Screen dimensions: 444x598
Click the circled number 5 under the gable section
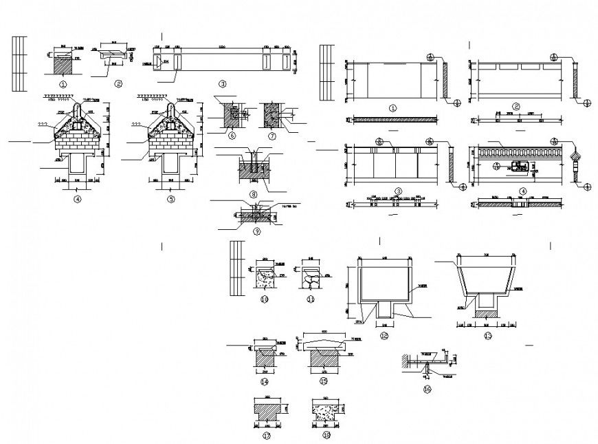coord(171,199)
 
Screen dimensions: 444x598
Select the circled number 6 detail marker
coord(232,136)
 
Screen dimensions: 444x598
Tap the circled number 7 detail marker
coord(272,136)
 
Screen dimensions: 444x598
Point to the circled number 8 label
coord(254,195)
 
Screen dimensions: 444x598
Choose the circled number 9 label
coord(256,231)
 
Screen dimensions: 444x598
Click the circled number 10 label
coord(264,299)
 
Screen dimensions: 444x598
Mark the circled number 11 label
coord(310,299)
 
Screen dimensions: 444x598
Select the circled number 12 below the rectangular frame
coord(384,335)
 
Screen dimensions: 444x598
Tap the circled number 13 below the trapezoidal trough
coord(487,335)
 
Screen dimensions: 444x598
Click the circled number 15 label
coord(323,381)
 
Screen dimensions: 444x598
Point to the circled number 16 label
coord(427,389)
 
